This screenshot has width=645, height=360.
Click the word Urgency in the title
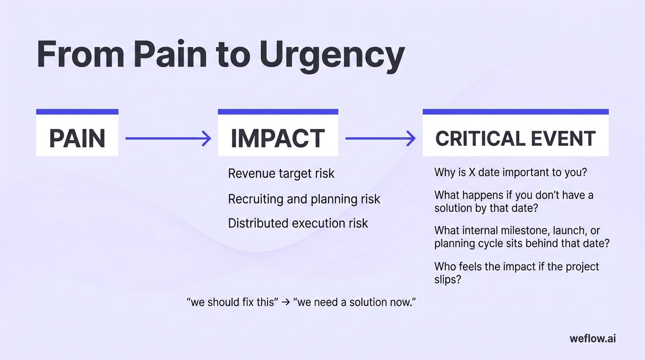click(x=332, y=55)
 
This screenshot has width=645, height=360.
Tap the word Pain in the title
click(x=170, y=55)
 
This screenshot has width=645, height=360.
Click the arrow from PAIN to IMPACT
click(x=168, y=138)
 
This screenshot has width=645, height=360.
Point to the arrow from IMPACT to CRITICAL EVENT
click(x=380, y=138)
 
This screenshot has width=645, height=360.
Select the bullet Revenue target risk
click(x=281, y=173)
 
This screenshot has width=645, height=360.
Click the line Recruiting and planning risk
click(x=304, y=199)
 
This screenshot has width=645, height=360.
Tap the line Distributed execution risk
click(x=298, y=223)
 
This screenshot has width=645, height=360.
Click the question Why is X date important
click(x=510, y=172)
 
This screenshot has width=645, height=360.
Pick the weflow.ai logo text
click(x=592, y=338)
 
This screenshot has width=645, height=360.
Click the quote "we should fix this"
click(x=230, y=302)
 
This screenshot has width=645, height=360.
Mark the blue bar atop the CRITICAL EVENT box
click(x=515, y=112)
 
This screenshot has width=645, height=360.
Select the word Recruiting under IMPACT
click(x=255, y=199)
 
